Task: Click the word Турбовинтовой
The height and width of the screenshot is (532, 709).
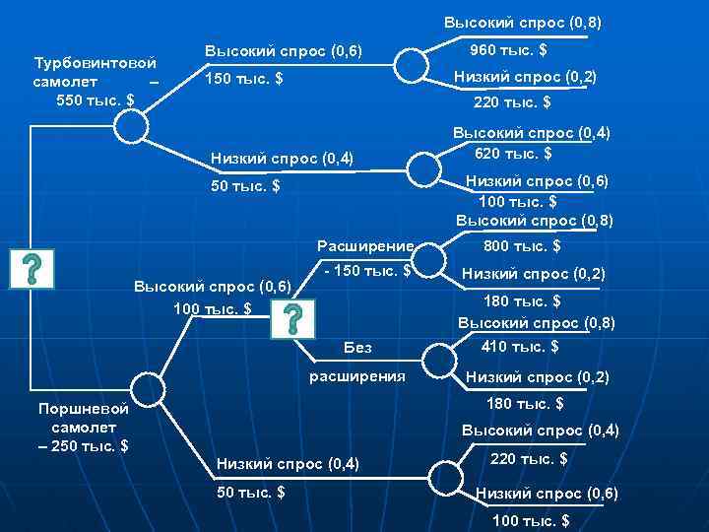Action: [95, 63]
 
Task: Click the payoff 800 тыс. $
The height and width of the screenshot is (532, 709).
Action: [521, 247]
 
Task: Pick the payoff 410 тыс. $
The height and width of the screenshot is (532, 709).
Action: [520, 346]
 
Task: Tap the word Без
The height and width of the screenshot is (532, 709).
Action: [357, 347]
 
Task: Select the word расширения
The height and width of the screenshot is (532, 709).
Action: [356, 375]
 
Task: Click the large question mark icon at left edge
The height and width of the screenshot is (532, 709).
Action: [32, 268]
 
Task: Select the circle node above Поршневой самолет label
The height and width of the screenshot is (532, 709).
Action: [146, 387]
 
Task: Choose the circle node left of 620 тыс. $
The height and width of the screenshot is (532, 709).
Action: [423, 168]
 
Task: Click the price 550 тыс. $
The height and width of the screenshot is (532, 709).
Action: [96, 100]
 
